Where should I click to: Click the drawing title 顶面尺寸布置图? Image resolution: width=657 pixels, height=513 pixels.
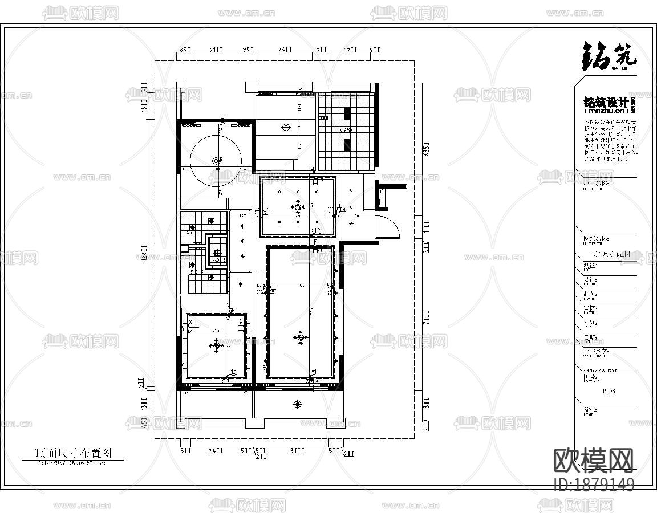72,453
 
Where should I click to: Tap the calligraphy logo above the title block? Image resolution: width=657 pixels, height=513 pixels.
609,57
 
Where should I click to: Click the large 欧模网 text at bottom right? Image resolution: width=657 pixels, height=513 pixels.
594,461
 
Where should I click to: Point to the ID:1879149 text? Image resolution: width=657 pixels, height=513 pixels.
594,485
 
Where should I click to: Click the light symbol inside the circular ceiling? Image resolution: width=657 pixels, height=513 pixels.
216,161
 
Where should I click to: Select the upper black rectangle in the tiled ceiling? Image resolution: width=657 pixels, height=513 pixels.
347,115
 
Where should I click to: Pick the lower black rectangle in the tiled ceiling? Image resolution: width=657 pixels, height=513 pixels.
347,145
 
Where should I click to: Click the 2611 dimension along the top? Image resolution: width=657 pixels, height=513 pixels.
285,50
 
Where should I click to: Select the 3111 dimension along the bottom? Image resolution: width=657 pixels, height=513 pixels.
297,450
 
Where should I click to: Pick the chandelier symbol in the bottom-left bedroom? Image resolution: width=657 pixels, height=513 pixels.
216,345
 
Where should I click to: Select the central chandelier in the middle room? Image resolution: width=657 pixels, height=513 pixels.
297,207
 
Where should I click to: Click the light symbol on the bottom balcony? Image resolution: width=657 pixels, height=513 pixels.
297,404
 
